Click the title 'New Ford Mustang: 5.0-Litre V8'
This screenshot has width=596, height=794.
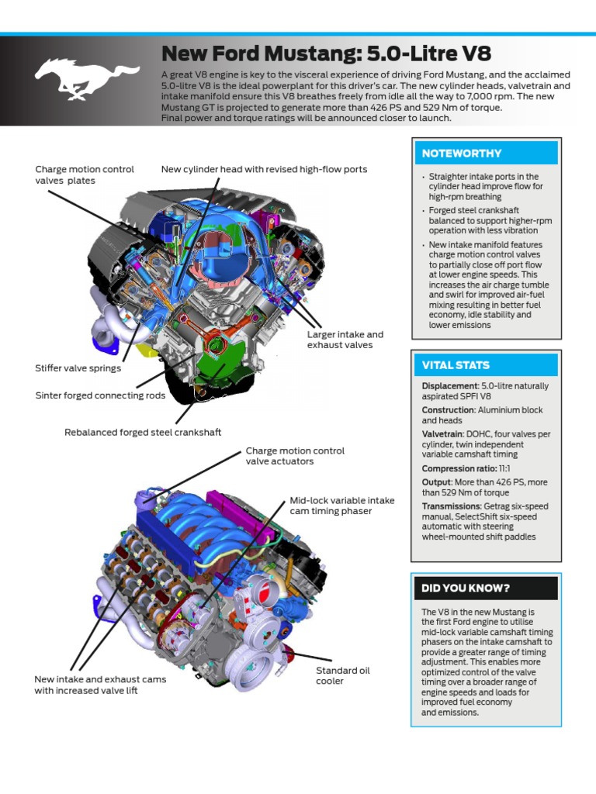(326, 54)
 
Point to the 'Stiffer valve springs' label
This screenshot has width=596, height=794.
(78, 368)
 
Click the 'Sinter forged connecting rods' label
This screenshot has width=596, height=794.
(101, 395)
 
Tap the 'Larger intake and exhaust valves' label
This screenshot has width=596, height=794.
(345, 340)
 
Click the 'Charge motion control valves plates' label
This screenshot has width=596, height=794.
(85, 174)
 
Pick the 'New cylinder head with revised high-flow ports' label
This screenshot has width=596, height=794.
(264, 169)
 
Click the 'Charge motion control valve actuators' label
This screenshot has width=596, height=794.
(295, 456)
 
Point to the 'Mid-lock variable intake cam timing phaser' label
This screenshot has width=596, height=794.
(342, 506)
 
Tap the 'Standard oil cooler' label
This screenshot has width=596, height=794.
(337, 675)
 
